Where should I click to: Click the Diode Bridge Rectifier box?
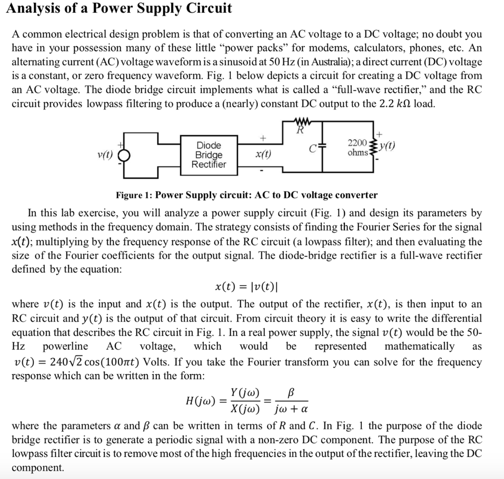click(x=209, y=155)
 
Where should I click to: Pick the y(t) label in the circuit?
click(x=389, y=146)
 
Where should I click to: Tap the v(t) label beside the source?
click(x=105, y=154)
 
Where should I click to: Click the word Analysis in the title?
click(x=34, y=8)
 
